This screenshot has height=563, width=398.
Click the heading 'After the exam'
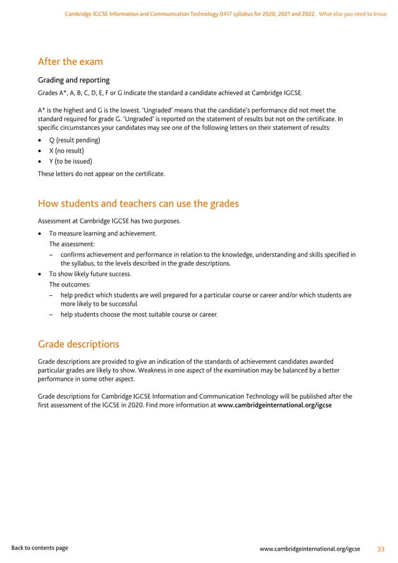[x=70, y=62]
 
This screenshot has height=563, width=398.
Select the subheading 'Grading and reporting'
[x=74, y=80]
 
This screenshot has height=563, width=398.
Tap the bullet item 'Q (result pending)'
[x=74, y=140]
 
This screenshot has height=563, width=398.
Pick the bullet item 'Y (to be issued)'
[x=70, y=162]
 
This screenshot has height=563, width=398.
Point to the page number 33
[x=381, y=549]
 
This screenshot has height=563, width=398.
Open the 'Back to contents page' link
[x=40, y=548]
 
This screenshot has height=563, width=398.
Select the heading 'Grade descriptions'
[x=78, y=344]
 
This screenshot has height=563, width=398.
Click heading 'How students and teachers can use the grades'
[x=138, y=203]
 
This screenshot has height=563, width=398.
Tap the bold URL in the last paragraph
[x=274, y=405]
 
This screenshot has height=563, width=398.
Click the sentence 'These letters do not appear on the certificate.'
[x=102, y=174]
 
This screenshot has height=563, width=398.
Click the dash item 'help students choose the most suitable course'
[x=139, y=315]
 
